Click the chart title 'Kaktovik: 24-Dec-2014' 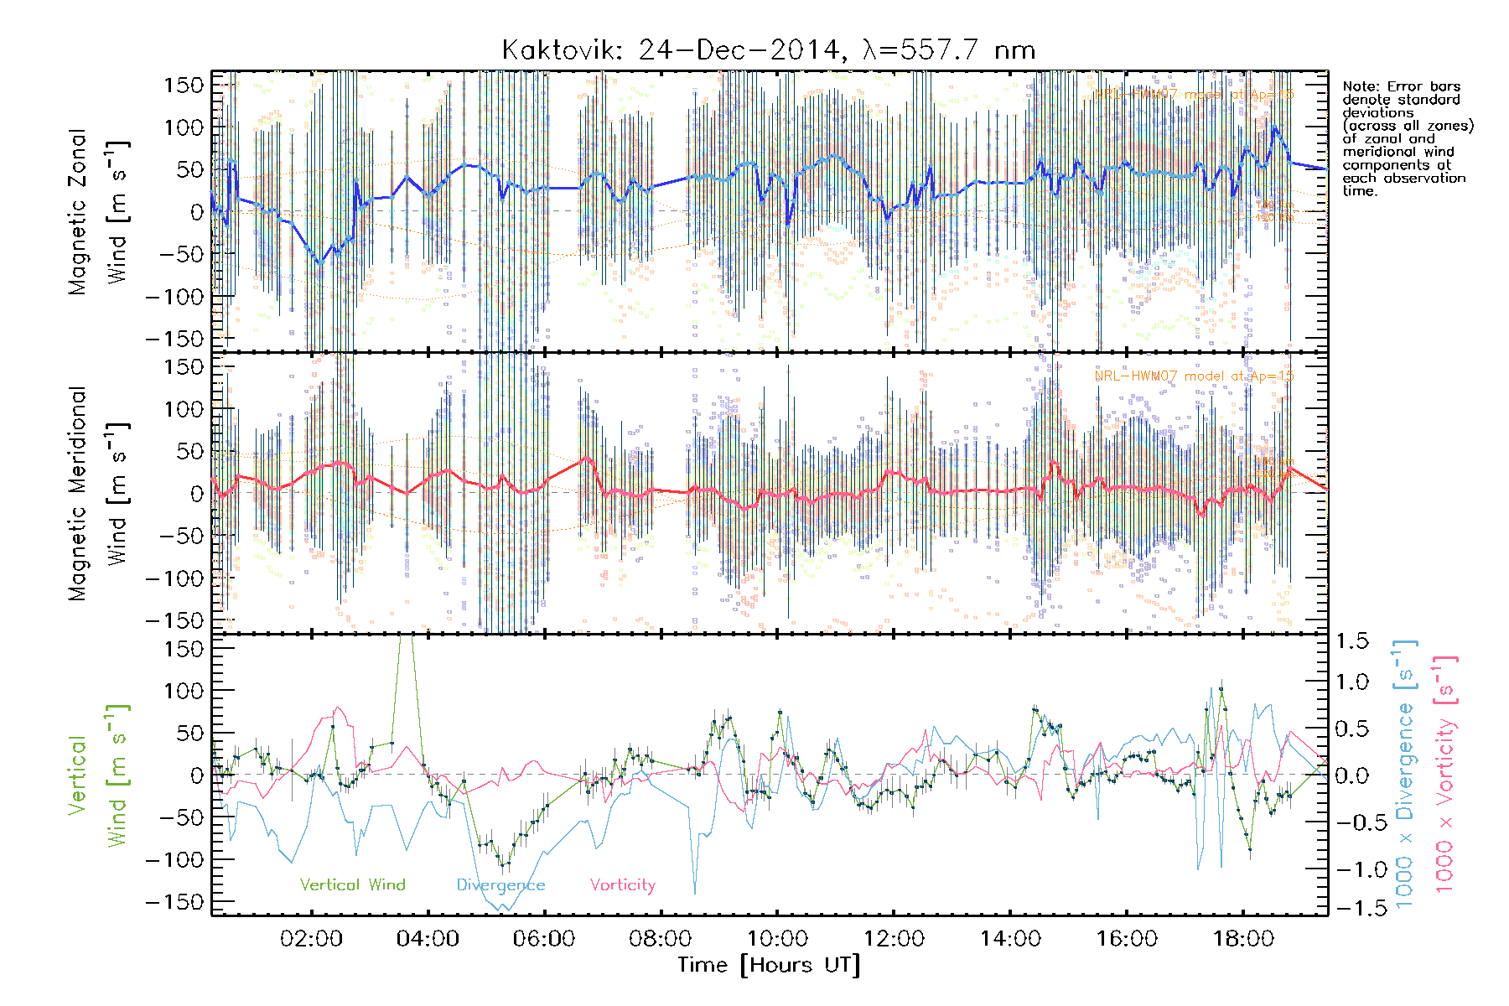(x=671, y=50)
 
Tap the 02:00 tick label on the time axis (x=311, y=939)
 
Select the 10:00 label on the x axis (x=777, y=939)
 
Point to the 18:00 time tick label (x=1243, y=939)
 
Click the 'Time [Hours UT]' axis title (x=769, y=966)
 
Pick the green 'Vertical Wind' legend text (x=352, y=885)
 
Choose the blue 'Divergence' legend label (x=500, y=885)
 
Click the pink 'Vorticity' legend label (x=622, y=885)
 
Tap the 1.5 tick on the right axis (x=1351, y=641)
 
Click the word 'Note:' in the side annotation (x=1361, y=86)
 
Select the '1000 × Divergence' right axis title (x=1405, y=773)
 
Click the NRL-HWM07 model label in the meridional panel (x=1194, y=376)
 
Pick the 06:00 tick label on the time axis (x=544, y=939)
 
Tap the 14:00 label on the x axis (x=1010, y=939)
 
